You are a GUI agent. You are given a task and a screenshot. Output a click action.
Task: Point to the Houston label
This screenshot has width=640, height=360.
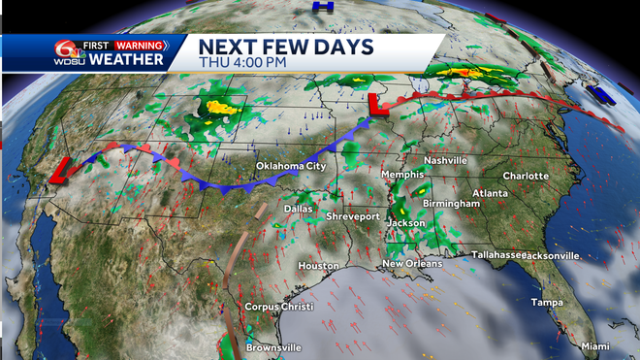(x=318, y=266)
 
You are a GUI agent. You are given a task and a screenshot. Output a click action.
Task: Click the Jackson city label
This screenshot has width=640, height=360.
(x=405, y=223)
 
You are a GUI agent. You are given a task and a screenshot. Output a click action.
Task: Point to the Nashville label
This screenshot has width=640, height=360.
(x=446, y=160)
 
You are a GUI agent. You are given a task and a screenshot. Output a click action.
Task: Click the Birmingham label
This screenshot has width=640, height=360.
(x=451, y=205)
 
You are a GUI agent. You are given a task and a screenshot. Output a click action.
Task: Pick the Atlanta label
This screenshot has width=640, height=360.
(x=491, y=194)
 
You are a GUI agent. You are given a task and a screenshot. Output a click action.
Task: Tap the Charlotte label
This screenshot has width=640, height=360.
(x=526, y=176)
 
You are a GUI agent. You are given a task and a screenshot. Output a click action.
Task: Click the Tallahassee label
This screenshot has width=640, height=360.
(x=497, y=254)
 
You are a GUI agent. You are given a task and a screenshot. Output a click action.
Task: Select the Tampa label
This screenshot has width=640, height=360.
(x=548, y=303)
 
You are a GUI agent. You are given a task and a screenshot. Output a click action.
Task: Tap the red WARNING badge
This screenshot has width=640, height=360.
(x=138, y=45)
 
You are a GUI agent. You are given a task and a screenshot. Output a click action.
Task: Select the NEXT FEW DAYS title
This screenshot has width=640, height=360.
(x=274, y=45)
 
